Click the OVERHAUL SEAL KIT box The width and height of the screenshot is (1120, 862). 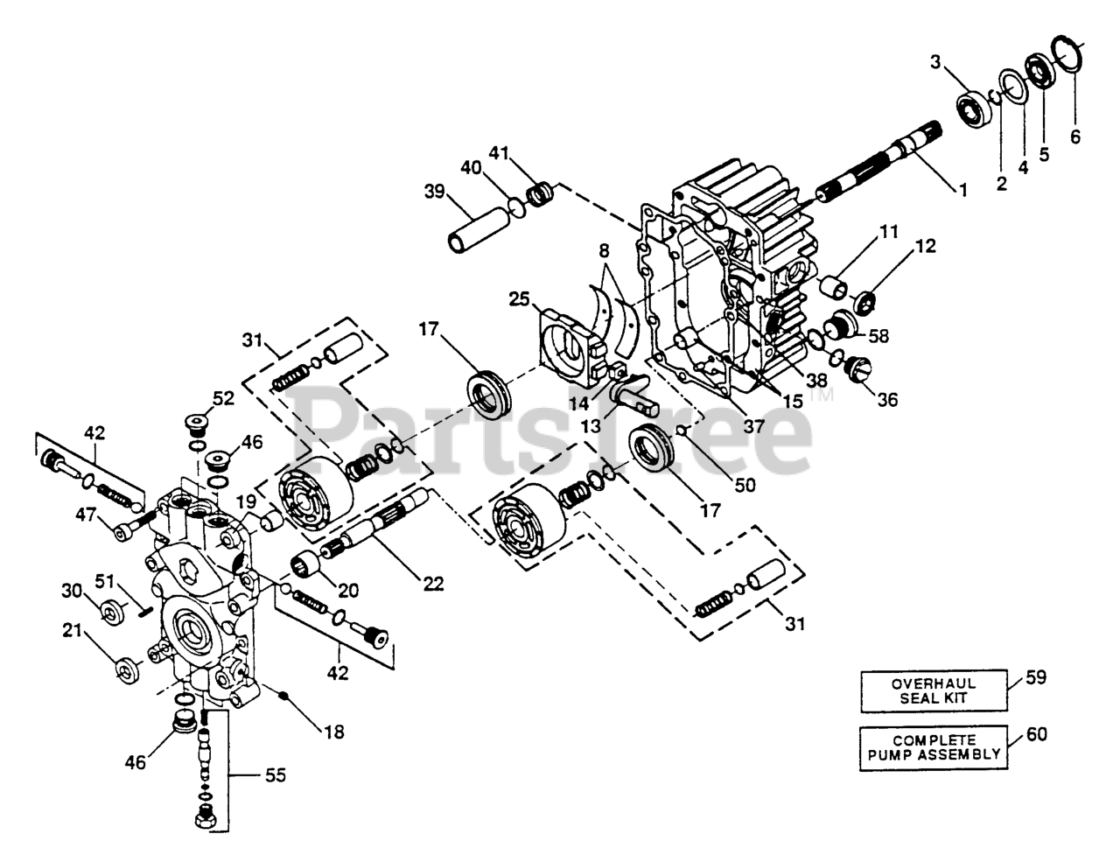click(x=930, y=690)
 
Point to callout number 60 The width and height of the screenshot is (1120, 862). click(x=1036, y=734)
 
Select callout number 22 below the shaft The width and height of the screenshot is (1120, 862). click(x=431, y=583)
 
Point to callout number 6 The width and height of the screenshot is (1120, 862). click(x=1075, y=137)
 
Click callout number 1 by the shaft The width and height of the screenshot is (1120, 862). click(x=963, y=189)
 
